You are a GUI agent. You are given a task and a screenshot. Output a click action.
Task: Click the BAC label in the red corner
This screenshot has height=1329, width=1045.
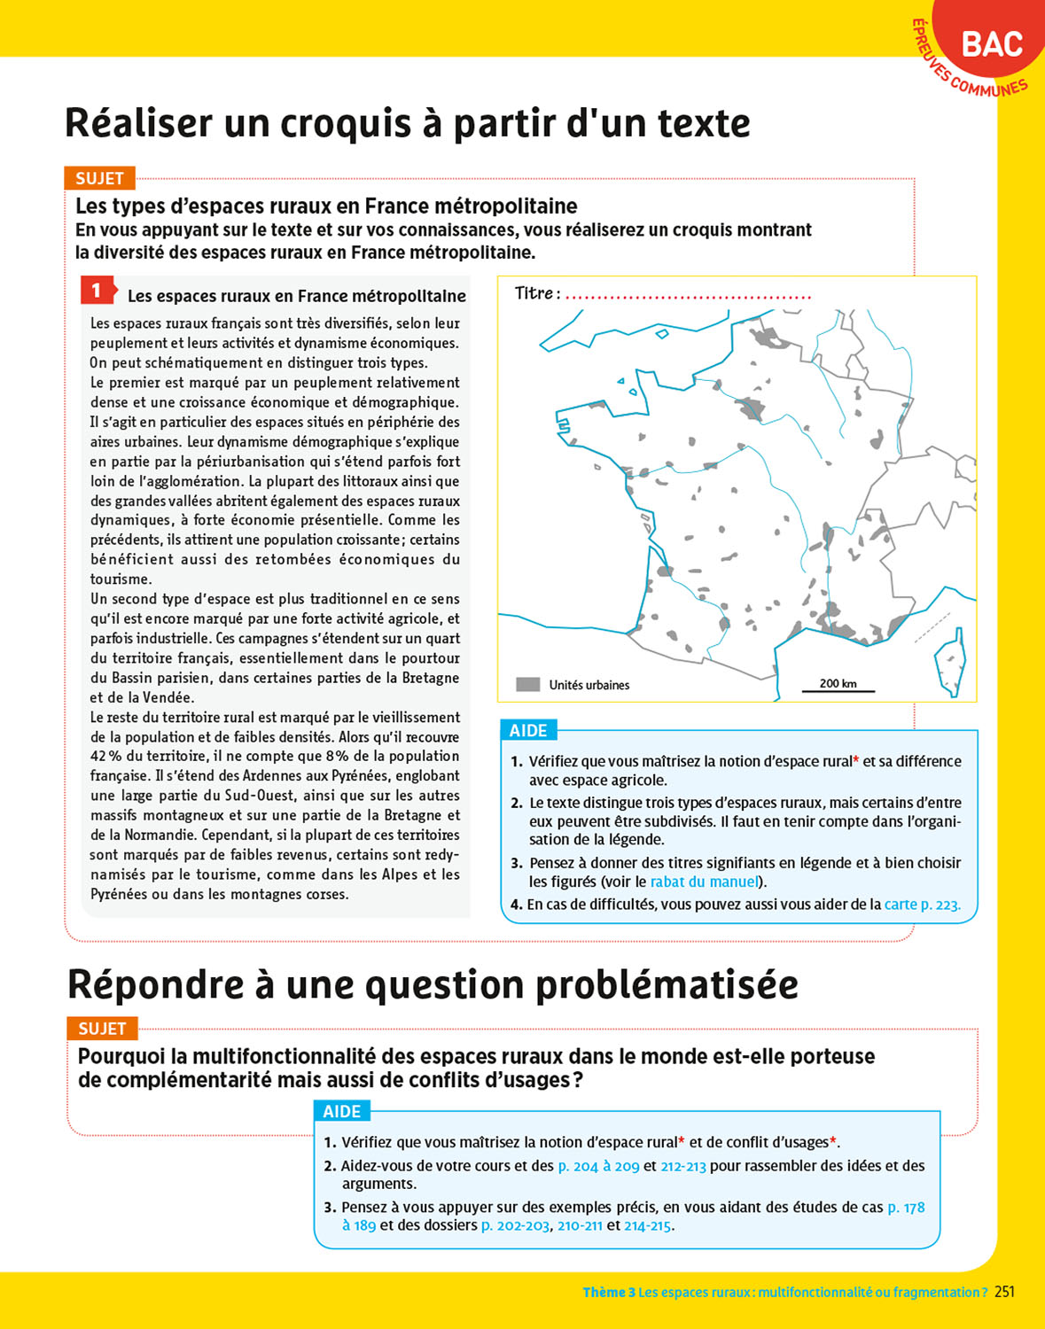992,44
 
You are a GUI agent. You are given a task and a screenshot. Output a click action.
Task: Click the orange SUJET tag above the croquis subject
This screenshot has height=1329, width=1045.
99,178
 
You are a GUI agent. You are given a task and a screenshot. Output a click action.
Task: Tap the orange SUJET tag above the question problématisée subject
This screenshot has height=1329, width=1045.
102,1029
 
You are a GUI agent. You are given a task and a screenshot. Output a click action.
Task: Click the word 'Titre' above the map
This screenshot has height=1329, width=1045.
534,293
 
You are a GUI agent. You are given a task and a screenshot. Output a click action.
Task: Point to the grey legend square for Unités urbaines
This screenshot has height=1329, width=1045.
528,685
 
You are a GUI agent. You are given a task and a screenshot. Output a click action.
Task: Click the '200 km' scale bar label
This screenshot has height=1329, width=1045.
838,683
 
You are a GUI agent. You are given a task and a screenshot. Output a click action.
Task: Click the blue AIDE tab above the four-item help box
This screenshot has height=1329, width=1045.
528,730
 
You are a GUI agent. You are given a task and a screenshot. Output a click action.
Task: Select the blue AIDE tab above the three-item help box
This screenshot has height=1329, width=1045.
342,1111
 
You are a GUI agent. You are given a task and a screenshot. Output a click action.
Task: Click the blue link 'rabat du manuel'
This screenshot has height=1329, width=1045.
705,882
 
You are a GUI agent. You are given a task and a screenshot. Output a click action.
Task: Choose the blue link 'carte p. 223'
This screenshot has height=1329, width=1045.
922,905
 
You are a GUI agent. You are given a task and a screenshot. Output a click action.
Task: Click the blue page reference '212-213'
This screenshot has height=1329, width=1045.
683,1166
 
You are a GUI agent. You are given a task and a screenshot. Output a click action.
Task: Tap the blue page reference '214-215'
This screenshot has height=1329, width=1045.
648,1226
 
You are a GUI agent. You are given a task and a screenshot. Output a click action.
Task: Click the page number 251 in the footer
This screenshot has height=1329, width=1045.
1004,1292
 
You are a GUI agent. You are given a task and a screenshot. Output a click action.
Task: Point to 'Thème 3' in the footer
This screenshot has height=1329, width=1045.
608,1293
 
